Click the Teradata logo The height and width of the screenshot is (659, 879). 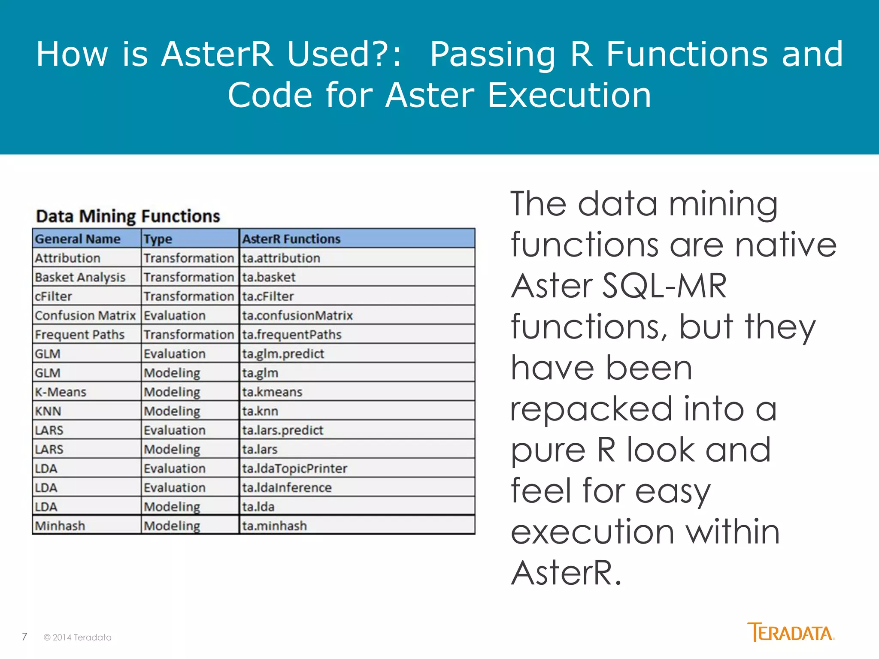791,632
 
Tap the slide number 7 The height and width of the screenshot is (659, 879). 24,637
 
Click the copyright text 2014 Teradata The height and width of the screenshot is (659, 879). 78,638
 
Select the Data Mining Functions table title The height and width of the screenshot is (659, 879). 128,216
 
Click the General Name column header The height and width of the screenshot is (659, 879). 78,239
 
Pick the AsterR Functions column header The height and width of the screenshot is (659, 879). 291,239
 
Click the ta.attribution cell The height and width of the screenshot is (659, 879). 281,258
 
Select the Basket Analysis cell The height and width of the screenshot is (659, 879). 80,278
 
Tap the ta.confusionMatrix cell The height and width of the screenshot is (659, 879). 297,316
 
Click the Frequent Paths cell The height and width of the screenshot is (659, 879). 80,335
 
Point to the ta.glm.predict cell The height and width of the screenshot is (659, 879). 283,354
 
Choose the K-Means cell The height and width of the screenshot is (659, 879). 61,392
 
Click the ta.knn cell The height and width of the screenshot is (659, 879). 260,411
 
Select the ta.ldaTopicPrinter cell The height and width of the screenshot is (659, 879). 294,469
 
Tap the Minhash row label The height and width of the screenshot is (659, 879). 60,526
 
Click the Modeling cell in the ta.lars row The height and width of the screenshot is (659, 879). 172,450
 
